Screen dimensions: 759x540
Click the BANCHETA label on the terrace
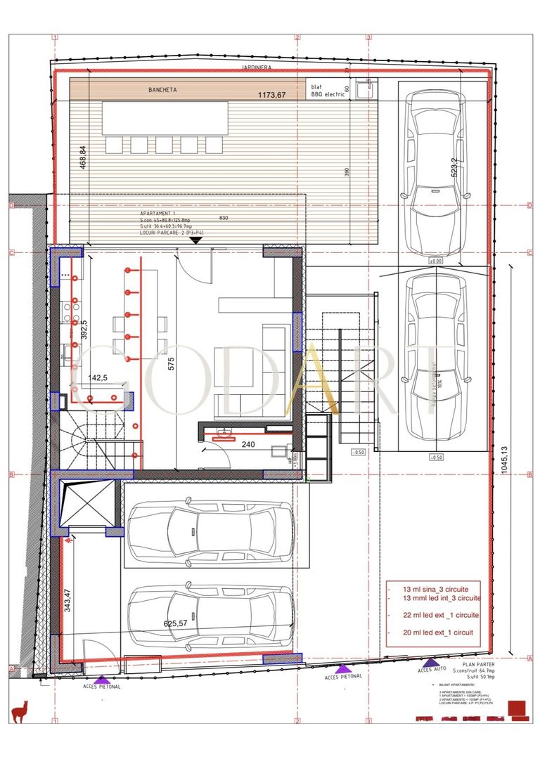click(x=162, y=91)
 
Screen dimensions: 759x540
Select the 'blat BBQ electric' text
click(x=328, y=91)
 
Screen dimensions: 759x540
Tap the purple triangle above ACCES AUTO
click(x=427, y=662)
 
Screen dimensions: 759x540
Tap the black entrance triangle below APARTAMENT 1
click(x=196, y=240)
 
